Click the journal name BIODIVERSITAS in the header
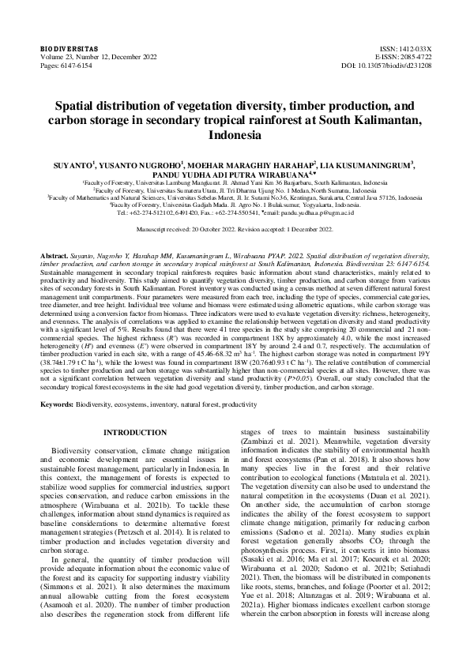66,49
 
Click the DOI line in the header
389,66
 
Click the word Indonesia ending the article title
235,135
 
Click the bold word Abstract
55,257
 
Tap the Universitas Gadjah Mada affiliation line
235,206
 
